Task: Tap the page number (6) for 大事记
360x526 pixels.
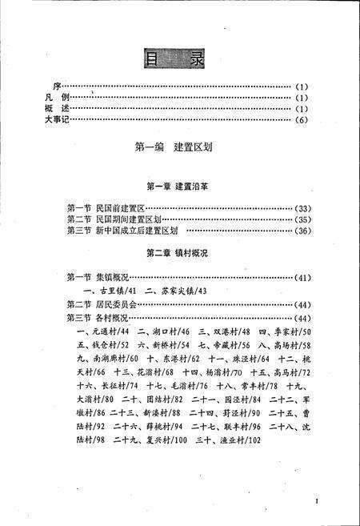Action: (x=302, y=120)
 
